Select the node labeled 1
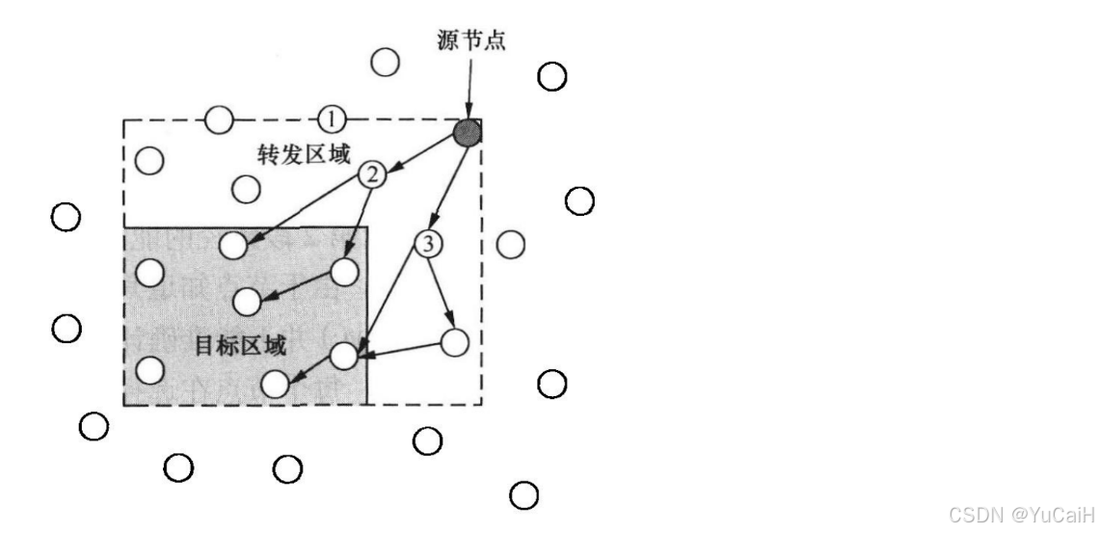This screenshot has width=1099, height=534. tap(330, 120)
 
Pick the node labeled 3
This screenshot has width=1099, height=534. tap(426, 244)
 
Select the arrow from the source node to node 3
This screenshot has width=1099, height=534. tap(447, 188)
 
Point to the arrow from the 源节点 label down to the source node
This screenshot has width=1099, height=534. tap(467, 87)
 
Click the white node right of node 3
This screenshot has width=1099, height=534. tap(510, 244)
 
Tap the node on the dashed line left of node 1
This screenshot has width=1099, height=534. tap(219, 120)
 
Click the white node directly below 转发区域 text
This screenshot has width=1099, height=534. tap(248, 189)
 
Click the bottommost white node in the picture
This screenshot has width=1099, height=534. tap(523, 495)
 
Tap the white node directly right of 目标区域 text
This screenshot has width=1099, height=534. tap(344, 356)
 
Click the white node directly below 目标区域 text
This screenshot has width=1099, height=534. tap(275, 385)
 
